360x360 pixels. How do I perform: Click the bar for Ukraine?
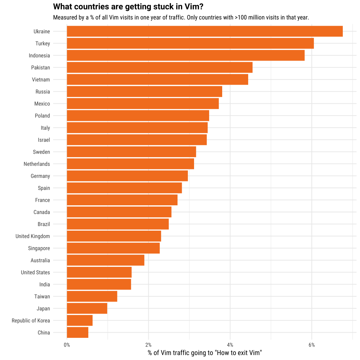(x=205, y=31)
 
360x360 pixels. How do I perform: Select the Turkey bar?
(x=190, y=44)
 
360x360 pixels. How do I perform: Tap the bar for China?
(x=77, y=333)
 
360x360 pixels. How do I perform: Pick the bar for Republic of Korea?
(x=79, y=321)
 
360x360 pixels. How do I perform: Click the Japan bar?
(x=87, y=309)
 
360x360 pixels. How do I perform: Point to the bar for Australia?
(x=105, y=260)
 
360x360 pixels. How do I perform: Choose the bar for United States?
(x=99, y=272)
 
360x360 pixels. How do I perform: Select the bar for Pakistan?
(x=160, y=67)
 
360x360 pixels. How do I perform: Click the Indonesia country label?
(x=39, y=56)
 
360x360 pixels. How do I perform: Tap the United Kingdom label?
(x=33, y=236)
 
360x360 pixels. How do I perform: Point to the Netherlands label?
(x=37, y=164)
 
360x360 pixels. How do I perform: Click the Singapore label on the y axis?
(x=39, y=249)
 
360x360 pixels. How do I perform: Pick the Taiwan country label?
(x=42, y=297)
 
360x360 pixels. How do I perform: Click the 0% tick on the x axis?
(x=67, y=345)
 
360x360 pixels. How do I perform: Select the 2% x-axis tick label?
(x=148, y=345)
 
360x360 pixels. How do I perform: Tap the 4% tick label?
(x=230, y=345)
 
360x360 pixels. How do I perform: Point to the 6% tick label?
(x=311, y=345)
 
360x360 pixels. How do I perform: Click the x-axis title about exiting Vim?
(x=205, y=353)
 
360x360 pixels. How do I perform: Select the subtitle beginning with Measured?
(x=181, y=17)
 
